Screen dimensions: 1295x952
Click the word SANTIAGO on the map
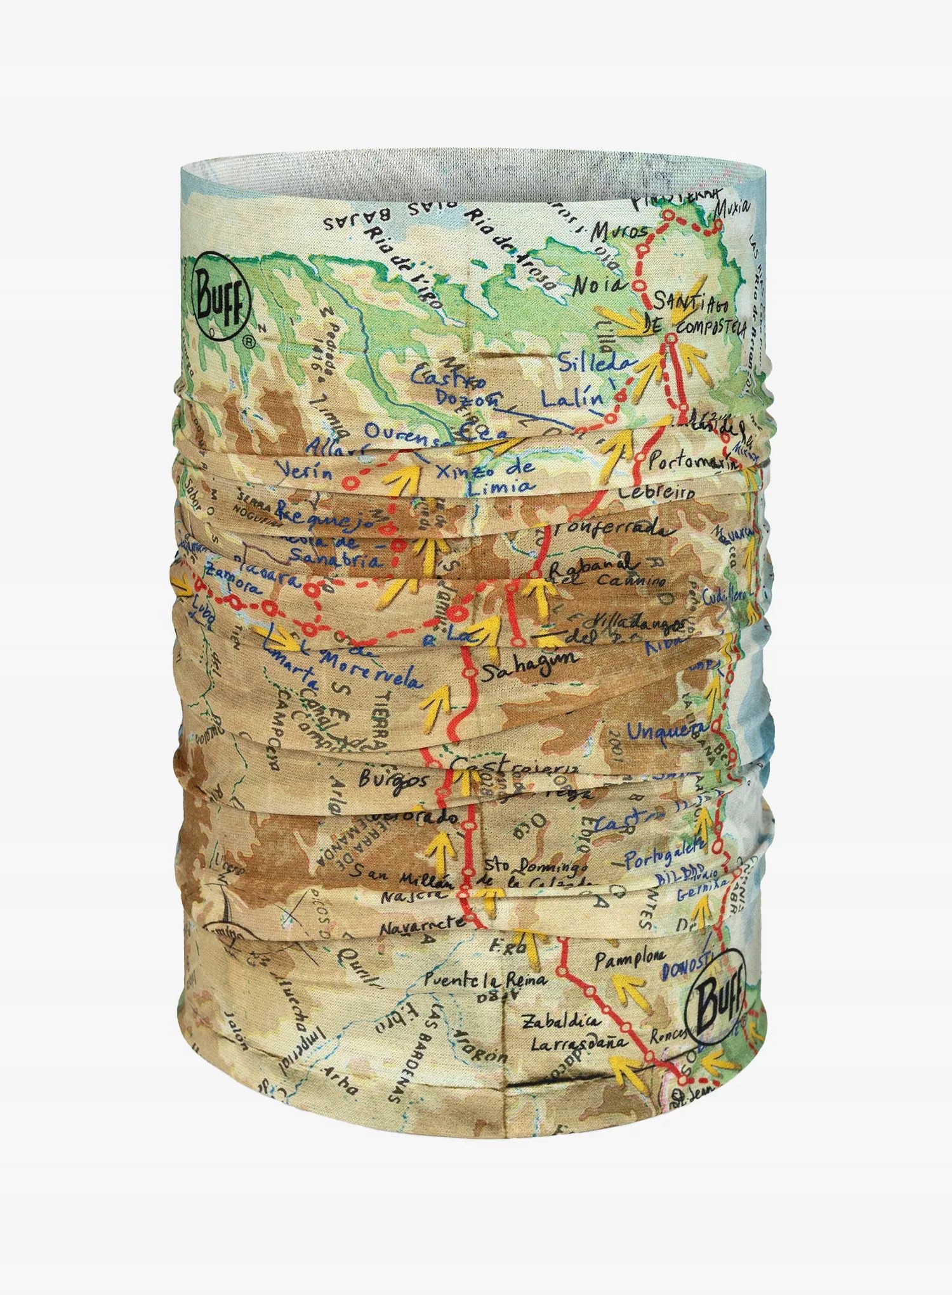coord(694,304)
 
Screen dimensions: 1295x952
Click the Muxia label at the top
coord(731,208)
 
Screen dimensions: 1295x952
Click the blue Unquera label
coord(667,730)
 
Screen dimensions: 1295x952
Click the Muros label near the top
coord(619,233)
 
